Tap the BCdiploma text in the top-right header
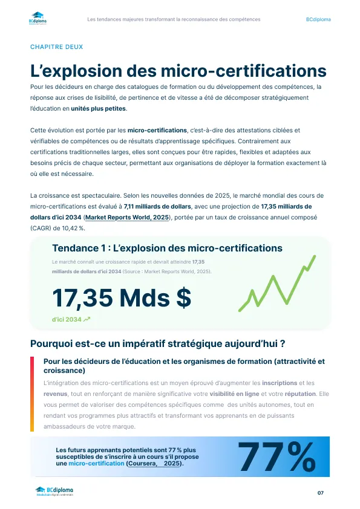tap(318, 19)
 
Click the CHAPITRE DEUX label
tap(56, 47)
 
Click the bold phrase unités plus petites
tap(99, 108)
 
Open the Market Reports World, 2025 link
tap(128, 217)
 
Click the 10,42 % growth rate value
tap(73, 228)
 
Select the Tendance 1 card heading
tap(167, 248)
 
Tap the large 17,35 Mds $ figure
tap(122, 297)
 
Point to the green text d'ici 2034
tap(67, 319)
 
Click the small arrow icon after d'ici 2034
tap(87, 319)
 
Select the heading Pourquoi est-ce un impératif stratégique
tap(157, 343)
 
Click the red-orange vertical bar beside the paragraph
tap(32, 394)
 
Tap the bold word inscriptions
tap(279, 383)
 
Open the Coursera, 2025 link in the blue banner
tap(154, 463)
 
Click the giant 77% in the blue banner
tap(278, 457)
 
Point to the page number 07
tap(321, 493)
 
